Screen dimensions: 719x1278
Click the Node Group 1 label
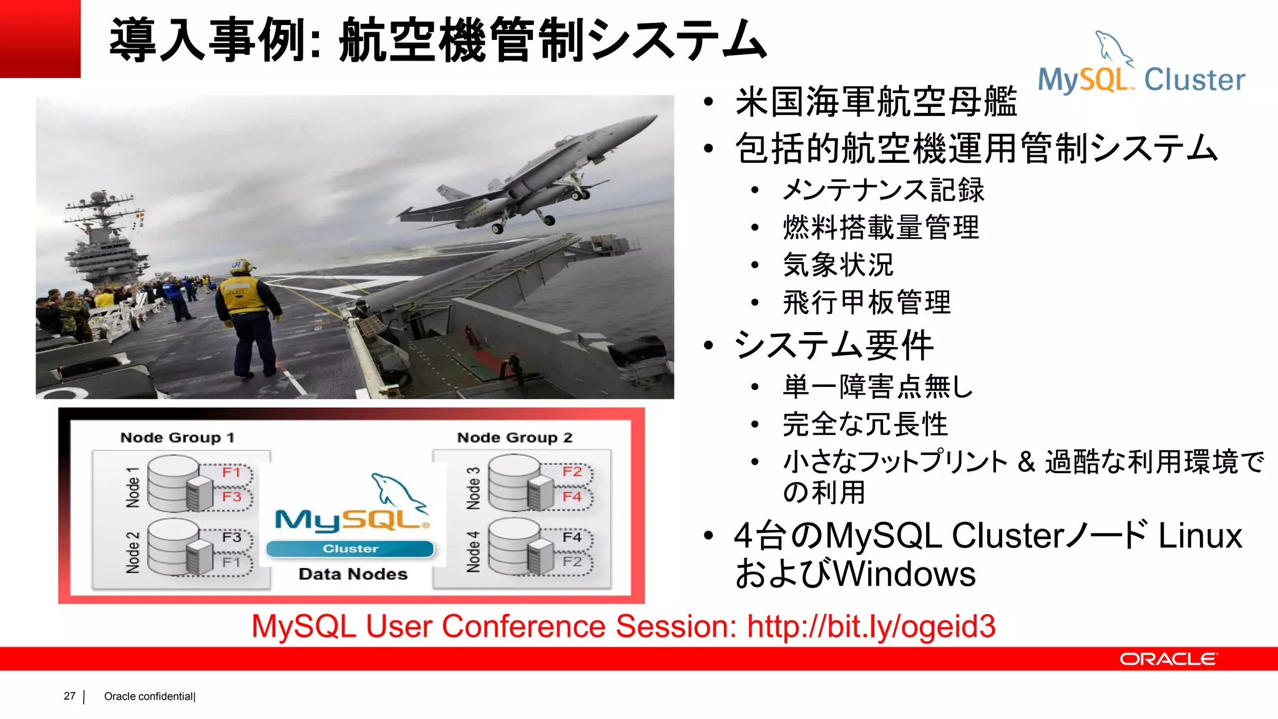177,438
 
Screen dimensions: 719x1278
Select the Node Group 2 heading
515,438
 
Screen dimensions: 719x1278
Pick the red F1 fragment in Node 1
232,472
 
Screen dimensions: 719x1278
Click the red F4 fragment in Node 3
572,497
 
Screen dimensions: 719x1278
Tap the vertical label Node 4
474,552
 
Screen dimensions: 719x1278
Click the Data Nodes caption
353,574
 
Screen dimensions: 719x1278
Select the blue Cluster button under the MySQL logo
350,549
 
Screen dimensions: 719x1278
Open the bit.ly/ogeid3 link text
871,627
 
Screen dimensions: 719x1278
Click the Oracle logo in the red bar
1168,659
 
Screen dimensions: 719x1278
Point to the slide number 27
69,696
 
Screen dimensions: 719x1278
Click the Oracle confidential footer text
149,697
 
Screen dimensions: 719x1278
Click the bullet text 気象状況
838,265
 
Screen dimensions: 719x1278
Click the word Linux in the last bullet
1199,536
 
